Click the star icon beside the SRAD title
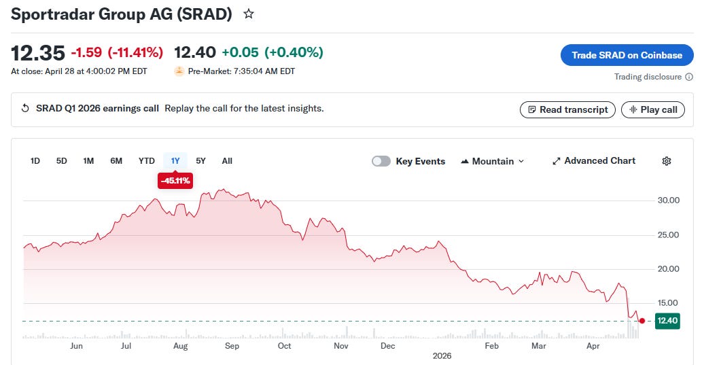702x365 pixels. pyautogui.click(x=249, y=14)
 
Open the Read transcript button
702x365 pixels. pyautogui.click(x=567, y=109)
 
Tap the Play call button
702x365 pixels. pyautogui.click(x=653, y=109)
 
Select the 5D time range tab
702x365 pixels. pyautogui.click(x=61, y=161)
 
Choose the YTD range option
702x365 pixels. pyautogui.click(x=146, y=161)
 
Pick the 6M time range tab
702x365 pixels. pyautogui.click(x=116, y=161)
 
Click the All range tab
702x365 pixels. pyautogui.click(x=227, y=161)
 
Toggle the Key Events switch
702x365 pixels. pyautogui.click(x=381, y=161)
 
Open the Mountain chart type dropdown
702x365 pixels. pyautogui.click(x=492, y=161)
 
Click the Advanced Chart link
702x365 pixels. pyautogui.click(x=594, y=161)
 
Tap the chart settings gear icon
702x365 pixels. pyautogui.click(x=667, y=161)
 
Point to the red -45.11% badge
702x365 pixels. pyautogui.click(x=175, y=181)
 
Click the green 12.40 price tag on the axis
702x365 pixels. pyautogui.click(x=667, y=321)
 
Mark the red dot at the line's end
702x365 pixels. pyautogui.click(x=642, y=321)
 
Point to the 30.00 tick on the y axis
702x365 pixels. pyautogui.click(x=669, y=201)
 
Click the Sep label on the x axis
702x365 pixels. pyautogui.click(x=232, y=346)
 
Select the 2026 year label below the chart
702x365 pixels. pyautogui.click(x=442, y=355)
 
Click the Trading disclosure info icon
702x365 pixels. pyautogui.click(x=689, y=77)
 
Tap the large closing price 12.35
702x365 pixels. pyautogui.click(x=38, y=53)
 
